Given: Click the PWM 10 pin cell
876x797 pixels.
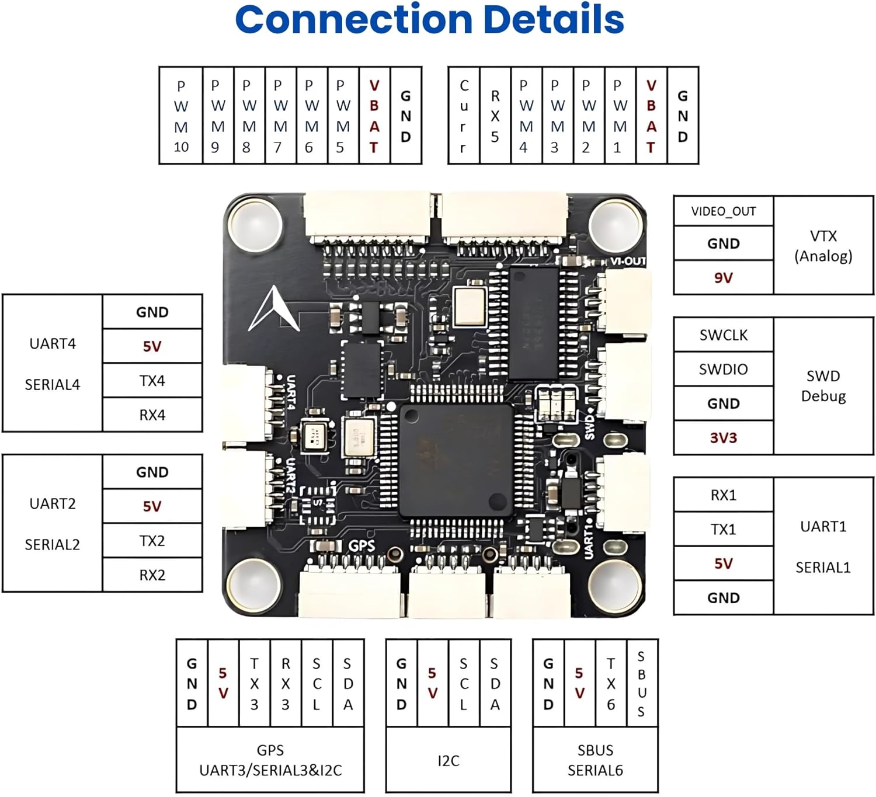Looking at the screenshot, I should tap(181, 116).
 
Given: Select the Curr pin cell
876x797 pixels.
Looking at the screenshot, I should tap(464, 116).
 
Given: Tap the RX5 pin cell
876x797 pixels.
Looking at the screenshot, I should tap(495, 116).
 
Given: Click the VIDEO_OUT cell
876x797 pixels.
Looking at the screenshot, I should tap(723, 211).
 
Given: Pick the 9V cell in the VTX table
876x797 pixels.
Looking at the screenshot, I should tap(723, 278).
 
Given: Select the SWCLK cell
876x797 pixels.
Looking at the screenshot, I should tap(723, 335).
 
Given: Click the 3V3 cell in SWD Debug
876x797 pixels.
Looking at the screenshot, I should tap(723, 438).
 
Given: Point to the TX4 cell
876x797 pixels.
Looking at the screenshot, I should tap(152, 381).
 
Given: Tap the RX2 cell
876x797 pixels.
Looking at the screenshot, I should tap(152, 575).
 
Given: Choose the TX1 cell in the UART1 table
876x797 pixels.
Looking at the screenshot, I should tap(723, 530).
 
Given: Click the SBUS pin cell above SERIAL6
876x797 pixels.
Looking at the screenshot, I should tap(641, 683).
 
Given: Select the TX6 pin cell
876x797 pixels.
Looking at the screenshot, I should tap(611, 683).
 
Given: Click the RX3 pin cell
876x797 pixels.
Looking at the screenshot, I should tap(286, 683).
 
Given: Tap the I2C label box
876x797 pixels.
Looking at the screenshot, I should tap(448, 760).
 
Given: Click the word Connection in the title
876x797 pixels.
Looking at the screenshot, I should tap(353, 20).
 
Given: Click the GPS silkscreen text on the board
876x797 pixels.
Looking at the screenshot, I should tap(361, 546).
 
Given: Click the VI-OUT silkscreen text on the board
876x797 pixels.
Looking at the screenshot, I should tap(628, 262).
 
